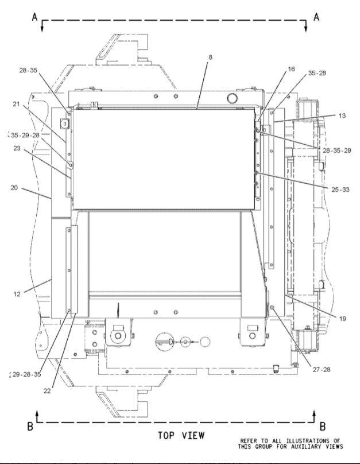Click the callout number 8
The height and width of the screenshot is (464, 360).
pyautogui.click(x=210, y=57)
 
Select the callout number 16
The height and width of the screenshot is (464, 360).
pyautogui.click(x=291, y=69)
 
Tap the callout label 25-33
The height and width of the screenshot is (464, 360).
pyautogui.click(x=340, y=190)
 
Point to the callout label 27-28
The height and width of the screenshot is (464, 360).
pyautogui.click(x=322, y=369)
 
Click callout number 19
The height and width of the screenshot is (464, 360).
pyautogui.click(x=342, y=319)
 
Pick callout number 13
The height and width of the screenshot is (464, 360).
pyautogui.click(x=342, y=115)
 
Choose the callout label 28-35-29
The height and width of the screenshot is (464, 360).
pyautogui.click(x=336, y=150)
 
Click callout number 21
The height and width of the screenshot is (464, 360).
pyautogui.click(x=16, y=104)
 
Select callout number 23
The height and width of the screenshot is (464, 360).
pyautogui.click(x=17, y=148)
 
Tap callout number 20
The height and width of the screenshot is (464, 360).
pyautogui.click(x=14, y=188)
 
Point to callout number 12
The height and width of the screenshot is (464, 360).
pyautogui.click(x=17, y=294)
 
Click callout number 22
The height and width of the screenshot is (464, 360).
pyautogui.click(x=47, y=391)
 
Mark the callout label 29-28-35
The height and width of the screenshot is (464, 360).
pyautogui.click(x=26, y=374)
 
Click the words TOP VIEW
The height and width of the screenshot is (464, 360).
pyautogui.click(x=181, y=436)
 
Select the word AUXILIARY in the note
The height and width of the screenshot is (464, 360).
pyautogui.click(x=303, y=446)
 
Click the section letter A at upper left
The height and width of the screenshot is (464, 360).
pyautogui.click(x=35, y=17)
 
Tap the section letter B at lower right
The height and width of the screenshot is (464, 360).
pyautogui.click(x=323, y=427)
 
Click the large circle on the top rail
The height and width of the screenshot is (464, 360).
pyautogui.click(x=231, y=98)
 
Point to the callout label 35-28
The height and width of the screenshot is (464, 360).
pyautogui.click(x=317, y=73)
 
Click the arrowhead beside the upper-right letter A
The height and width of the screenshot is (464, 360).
pyautogui.click(x=306, y=28)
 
